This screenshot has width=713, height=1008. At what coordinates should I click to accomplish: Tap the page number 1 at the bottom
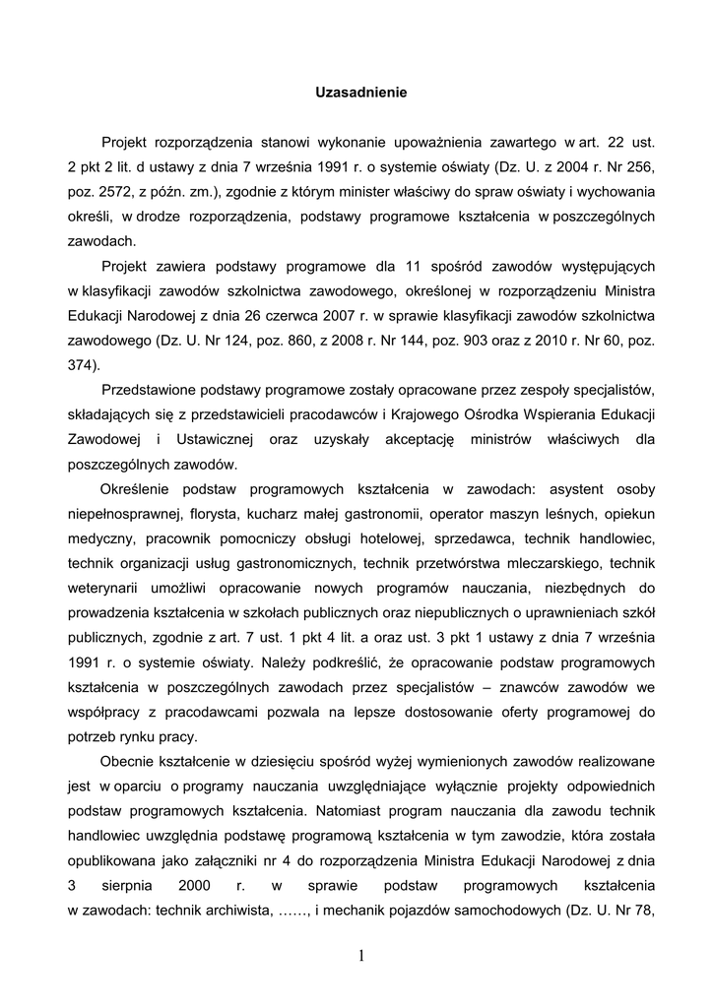point(361,956)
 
